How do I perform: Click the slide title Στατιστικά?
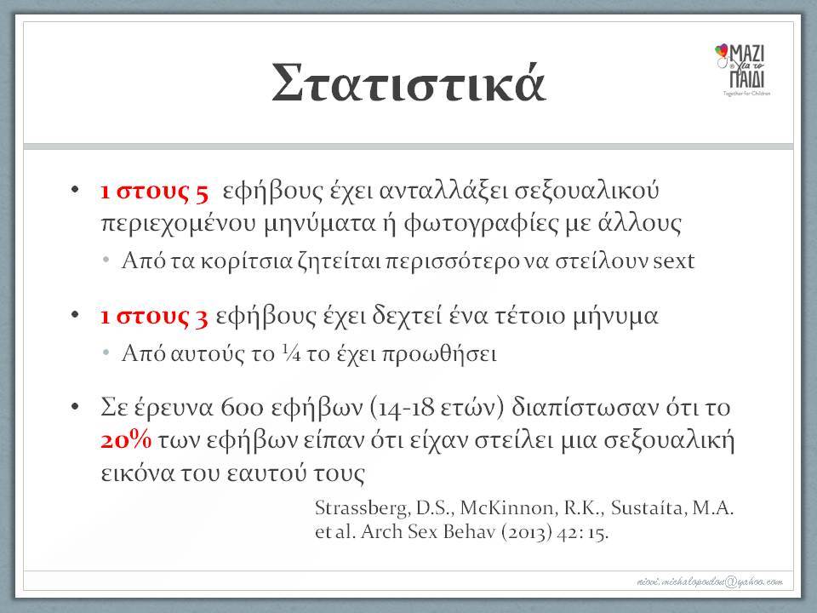[408, 83]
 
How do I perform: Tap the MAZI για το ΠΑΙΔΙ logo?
[742, 69]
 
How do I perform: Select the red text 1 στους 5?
[154, 192]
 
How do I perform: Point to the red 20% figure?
[126, 440]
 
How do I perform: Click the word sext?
[674, 261]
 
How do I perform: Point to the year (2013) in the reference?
[526, 532]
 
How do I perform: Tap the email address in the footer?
[710, 581]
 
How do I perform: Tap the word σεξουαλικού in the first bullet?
[586, 192]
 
